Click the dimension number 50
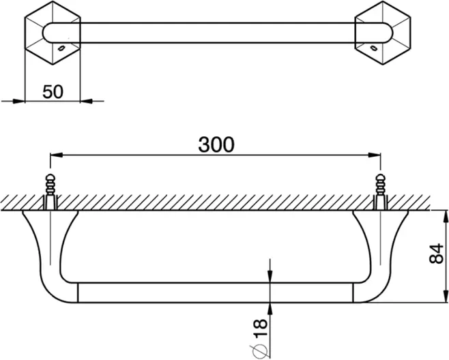pos(53,92)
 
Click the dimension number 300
pos(216,145)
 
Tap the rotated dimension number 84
pos(436,254)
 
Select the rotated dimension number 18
pos(260,328)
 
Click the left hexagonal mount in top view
pos(53,33)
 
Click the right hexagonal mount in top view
pos(383,33)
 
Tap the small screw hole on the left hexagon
pos(61,48)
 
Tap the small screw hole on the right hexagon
pos(374,48)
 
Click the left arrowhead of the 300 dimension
pos(56,155)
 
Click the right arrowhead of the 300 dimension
pos(375,155)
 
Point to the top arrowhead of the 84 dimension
pos(446,217)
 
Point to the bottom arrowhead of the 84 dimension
pos(446,296)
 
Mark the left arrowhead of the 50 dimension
pos(19,101)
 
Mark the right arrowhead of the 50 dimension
pos(86,101)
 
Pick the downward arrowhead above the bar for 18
pos(270,276)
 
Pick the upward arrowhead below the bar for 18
pos(270,309)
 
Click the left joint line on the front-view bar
pos(78,292)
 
